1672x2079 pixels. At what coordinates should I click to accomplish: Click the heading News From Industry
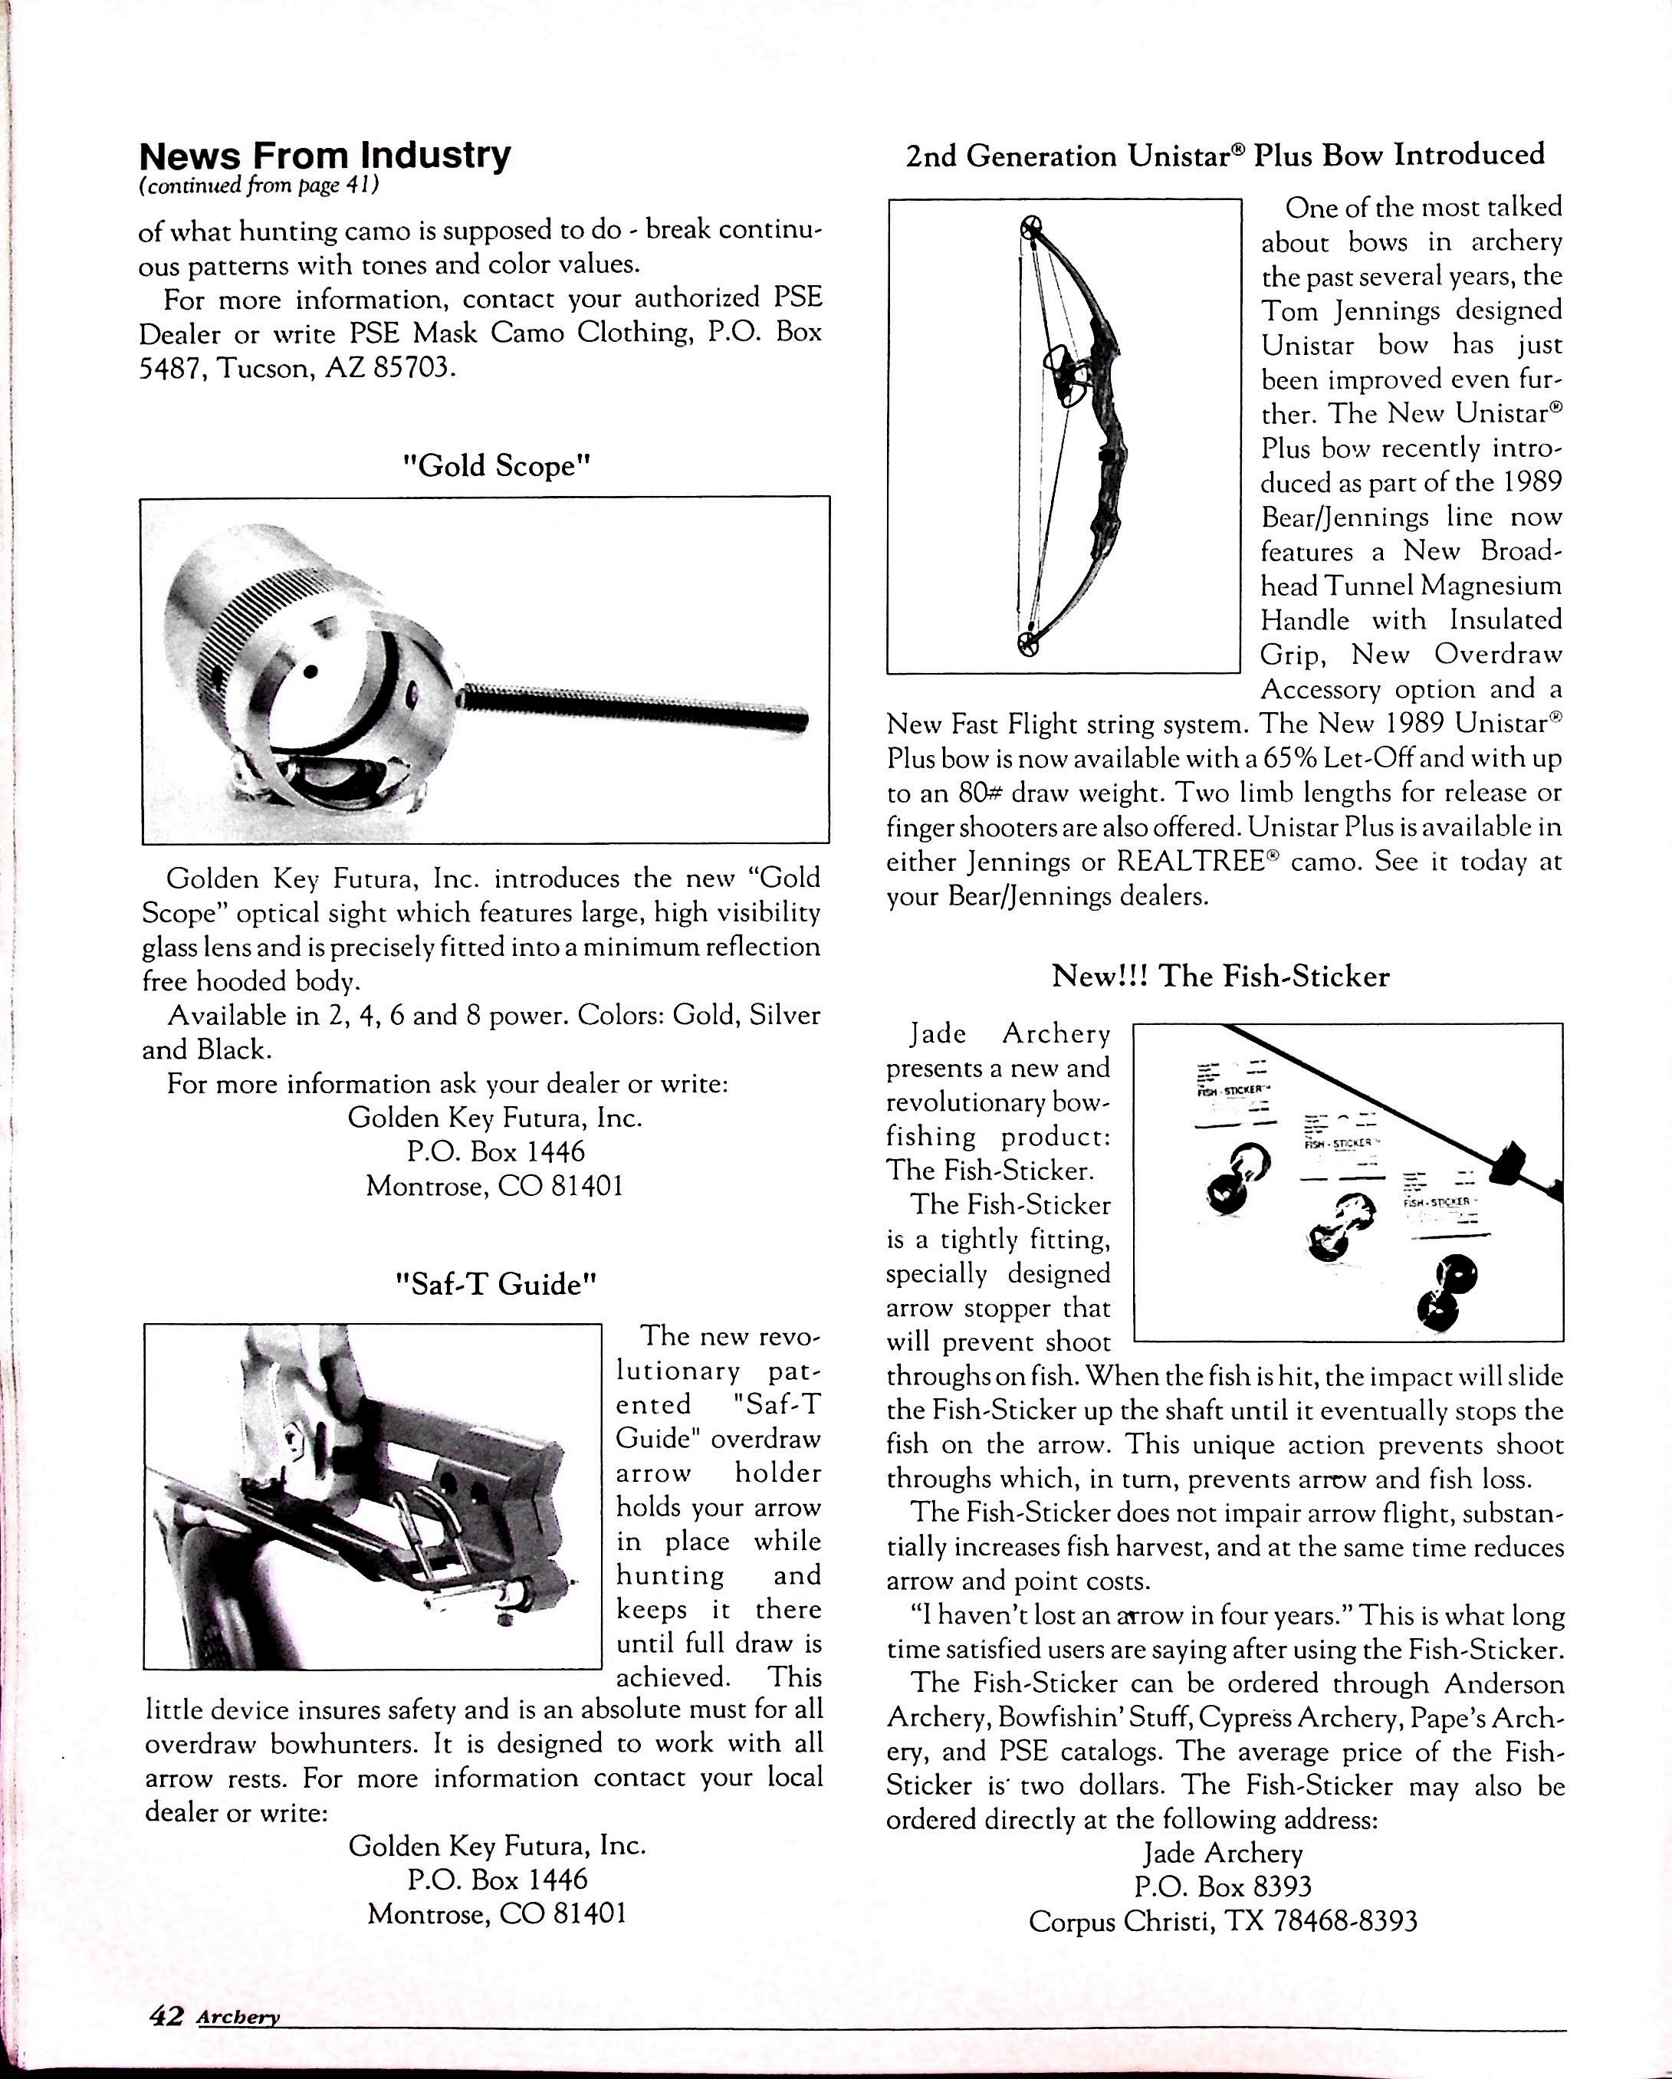[325, 156]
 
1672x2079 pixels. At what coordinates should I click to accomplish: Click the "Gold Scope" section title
[496, 466]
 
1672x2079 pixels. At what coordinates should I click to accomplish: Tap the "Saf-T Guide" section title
[497, 1285]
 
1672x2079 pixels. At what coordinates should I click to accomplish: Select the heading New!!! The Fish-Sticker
[1220, 976]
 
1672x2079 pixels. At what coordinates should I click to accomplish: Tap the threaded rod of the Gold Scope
[636, 706]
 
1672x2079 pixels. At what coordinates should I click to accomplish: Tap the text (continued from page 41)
[258, 186]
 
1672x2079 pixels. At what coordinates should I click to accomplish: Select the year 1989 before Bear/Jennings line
[1526, 482]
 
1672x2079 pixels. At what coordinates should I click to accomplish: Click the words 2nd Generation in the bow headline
[1011, 156]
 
